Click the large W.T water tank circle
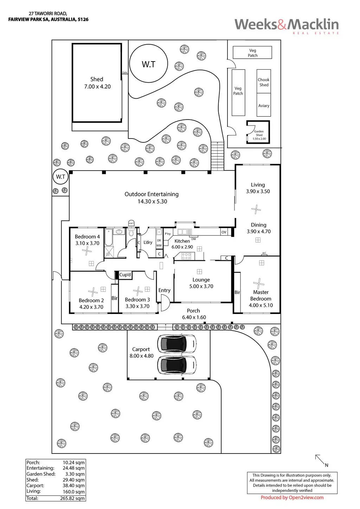point(148,64)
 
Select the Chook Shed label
point(264,82)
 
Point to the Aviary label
point(264,106)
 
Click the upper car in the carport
point(177,343)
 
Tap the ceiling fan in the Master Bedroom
point(259,284)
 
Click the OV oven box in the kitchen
point(224,232)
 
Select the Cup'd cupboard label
point(125,275)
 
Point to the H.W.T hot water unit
point(131,223)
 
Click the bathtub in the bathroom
point(109,238)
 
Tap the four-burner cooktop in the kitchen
point(186,256)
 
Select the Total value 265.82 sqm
point(72,498)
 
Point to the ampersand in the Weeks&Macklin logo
point(282,25)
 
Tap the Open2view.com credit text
point(306,497)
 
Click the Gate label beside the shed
point(125,72)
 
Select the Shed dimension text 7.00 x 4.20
point(97,86)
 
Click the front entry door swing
point(165,303)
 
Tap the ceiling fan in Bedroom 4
point(86,251)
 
